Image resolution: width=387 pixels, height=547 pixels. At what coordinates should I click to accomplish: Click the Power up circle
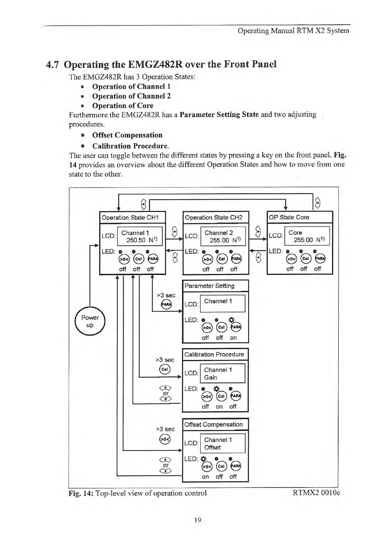click(90, 321)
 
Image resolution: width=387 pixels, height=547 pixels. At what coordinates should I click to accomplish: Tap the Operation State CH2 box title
click(213, 217)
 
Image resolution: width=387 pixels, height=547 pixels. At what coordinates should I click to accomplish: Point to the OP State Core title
click(289, 217)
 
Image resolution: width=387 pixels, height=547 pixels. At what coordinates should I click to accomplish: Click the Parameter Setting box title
click(209, 286)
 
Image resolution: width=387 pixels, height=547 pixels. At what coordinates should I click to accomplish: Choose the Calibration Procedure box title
click(214, 354)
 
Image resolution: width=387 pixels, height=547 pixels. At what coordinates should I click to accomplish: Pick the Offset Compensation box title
click(213, 424)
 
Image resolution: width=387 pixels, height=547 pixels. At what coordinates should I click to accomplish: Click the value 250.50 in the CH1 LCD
click(136, 240)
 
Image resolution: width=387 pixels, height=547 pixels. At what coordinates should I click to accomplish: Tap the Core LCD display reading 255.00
click(303, 240)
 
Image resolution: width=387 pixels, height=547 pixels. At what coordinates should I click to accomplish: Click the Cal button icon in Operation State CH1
click(138, 259)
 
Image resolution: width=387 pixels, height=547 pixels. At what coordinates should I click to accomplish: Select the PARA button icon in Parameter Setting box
click(235, 327)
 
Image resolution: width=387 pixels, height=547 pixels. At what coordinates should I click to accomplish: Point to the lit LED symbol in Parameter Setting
click(232, 319)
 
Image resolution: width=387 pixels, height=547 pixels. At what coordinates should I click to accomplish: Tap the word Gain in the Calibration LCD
click(210, 377)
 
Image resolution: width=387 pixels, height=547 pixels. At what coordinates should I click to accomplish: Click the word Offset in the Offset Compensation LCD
click(212, 447)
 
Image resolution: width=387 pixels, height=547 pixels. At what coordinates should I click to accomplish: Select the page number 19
click(197, 520)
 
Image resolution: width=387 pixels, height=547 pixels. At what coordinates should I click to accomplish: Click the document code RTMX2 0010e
click(316, 493)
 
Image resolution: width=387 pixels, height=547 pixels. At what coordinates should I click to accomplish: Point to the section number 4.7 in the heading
click(52, 64)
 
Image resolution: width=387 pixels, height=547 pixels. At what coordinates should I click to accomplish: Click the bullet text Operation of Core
click(123, 106)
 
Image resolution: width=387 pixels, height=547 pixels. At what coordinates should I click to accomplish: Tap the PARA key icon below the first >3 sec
click(166, 305)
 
